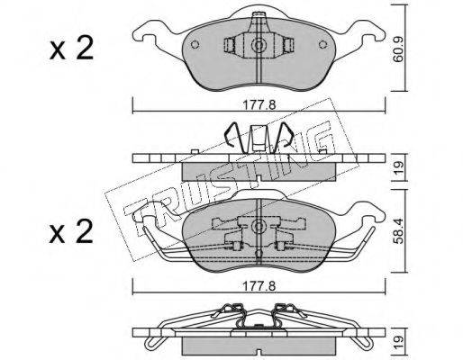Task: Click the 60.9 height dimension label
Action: (398, 49)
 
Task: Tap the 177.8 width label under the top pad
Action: (259, 105)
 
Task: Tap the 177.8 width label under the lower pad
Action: (259, 286)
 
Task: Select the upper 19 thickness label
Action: (398, 168)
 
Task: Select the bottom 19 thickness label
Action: (398, 341)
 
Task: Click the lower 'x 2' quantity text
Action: (71, 231)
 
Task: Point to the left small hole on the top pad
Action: (195, 44)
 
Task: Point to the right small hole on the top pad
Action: (322, 44)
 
